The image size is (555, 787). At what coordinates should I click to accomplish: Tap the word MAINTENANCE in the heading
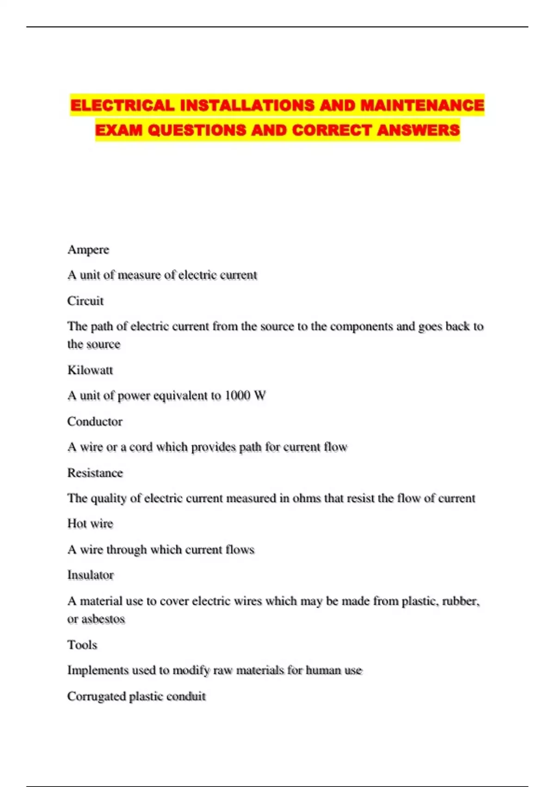[x=422, y=105]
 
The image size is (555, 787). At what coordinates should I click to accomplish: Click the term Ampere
[x=88, y=250]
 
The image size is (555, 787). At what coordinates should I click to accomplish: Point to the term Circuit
[x=86, y=301]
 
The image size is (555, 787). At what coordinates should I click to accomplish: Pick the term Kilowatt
[x=90, y=370]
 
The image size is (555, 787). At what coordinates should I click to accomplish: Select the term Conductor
[x=95, y=421]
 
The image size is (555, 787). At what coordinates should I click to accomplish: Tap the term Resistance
[x=95, y=473]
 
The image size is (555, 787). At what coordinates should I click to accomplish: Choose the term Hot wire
[x=90, y=524]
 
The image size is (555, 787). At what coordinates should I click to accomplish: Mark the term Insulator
[x=91, y=575]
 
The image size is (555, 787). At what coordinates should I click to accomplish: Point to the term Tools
[x=82, y=645]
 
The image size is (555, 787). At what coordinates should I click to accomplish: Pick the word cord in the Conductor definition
[x=141, y=447]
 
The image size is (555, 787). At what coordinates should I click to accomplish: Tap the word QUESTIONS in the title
[x=197, y=130]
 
